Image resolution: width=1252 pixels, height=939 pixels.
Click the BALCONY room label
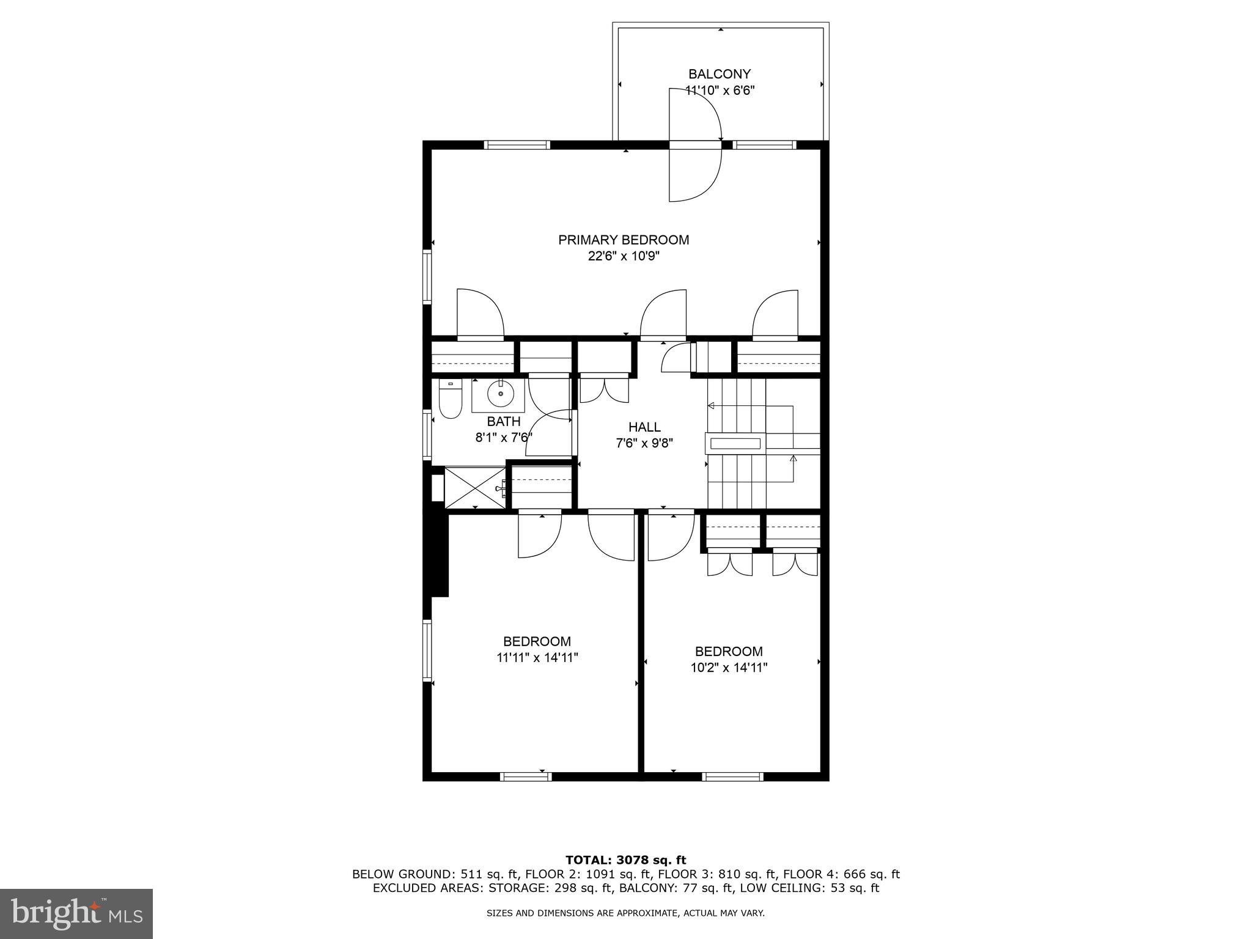click(x=719, y=75)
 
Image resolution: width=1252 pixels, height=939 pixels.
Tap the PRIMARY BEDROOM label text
click(x=623, y=240)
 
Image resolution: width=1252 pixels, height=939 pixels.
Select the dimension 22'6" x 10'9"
click(x=623, y=256)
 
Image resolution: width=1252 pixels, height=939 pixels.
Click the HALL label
click(x=644, y=427)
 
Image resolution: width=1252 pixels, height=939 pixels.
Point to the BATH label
click(x=504, y=421)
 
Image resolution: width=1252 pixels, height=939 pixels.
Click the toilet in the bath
click(x=450, y=401)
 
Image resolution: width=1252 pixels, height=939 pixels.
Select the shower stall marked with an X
click(x=475, y=487)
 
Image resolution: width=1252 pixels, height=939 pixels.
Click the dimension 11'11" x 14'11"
click(x=537, y=658)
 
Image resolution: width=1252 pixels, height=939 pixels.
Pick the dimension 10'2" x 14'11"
click(x=729, y=668)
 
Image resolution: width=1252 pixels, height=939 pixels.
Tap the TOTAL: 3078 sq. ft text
click(x=625, y=860)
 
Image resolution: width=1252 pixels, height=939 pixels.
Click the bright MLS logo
click(x=76, y=913)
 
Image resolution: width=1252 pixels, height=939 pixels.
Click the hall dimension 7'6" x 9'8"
click(x=644, y=443)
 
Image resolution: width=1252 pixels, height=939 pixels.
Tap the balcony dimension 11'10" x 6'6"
click(x=720, y=90)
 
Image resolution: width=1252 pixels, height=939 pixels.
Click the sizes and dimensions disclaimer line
click(x=625, y=913)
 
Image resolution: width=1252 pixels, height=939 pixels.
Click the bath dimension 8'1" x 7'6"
click(x=504, y=437)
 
